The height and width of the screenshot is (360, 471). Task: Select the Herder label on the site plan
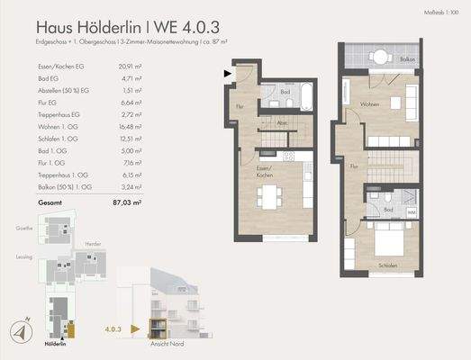point(93,244)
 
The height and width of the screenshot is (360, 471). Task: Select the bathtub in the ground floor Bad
point(303,92)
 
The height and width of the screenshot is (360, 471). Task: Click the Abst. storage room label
point(281,125)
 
